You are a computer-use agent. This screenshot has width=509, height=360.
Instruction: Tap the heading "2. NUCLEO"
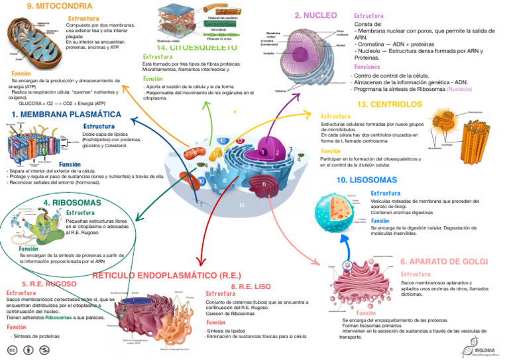click(315, 15)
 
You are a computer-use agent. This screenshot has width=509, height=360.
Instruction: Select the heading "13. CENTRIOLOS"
click(388, 105)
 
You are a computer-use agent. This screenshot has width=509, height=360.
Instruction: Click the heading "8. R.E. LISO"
click(251, 286)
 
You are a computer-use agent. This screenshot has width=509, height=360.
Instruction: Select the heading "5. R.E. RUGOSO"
click(50, 284)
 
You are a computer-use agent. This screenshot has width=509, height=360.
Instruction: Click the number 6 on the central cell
click(264, 184)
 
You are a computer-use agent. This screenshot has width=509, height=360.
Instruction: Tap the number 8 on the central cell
click(225, 180)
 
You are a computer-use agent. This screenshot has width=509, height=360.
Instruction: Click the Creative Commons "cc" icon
click(12, 350)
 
